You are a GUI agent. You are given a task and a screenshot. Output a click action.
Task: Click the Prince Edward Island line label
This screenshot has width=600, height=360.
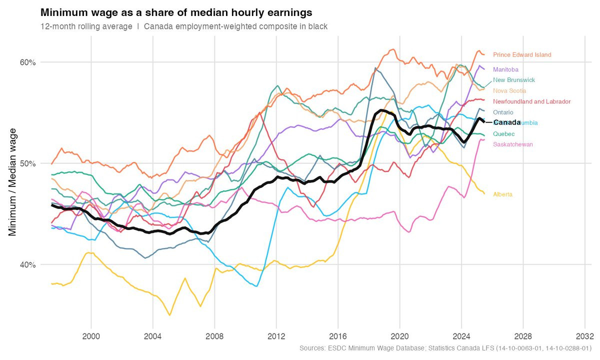522,55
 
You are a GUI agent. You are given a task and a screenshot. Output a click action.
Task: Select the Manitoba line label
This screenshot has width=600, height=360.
505,69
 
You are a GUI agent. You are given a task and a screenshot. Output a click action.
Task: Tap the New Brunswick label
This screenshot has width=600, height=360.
514,80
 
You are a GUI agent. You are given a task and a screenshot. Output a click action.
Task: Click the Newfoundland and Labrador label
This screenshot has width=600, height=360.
531,101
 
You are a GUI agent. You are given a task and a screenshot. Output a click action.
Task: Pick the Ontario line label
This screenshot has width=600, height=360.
503,112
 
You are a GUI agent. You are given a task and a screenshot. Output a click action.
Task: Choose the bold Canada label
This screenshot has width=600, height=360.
507,122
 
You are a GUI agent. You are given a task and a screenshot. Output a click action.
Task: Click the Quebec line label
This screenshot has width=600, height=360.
503,134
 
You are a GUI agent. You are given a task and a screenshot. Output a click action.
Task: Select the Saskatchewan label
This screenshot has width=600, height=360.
512,144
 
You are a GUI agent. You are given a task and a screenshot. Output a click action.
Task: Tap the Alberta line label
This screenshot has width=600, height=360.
502,194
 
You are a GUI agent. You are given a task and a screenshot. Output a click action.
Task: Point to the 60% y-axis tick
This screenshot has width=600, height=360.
27,62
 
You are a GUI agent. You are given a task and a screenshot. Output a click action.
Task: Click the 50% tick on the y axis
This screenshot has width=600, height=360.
27,163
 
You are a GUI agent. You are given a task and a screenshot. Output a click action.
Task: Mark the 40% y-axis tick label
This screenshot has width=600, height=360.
27,264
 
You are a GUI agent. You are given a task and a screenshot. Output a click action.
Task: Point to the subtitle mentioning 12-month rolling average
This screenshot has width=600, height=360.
183,26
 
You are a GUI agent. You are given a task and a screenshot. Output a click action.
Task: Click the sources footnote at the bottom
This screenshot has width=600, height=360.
444,348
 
